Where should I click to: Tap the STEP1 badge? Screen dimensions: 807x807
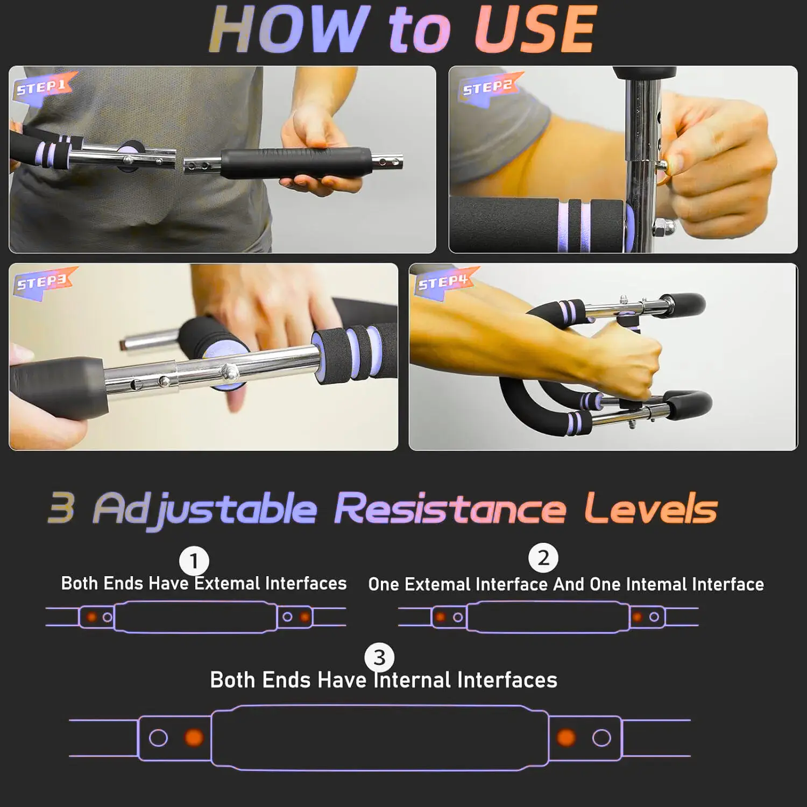[42, 87]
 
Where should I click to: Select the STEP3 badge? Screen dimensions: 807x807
[42, 282]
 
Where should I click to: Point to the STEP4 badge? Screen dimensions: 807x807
[443, 282]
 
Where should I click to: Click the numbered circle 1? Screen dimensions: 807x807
[194, 561]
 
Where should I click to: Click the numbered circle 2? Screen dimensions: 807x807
[543, 558]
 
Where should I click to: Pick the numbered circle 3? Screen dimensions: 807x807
[379, 657]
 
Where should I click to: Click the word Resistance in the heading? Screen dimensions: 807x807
[450, 508]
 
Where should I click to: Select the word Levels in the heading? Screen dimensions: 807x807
[651, 508]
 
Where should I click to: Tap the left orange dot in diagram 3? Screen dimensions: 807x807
[194, 737]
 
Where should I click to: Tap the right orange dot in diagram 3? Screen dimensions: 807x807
[566, 737]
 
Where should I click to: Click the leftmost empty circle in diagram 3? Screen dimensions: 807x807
[158, 738]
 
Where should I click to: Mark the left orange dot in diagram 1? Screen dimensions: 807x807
[92, 617]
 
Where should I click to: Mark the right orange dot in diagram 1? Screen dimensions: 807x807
[305, 617]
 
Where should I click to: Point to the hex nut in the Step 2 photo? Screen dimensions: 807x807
[660, 228]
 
